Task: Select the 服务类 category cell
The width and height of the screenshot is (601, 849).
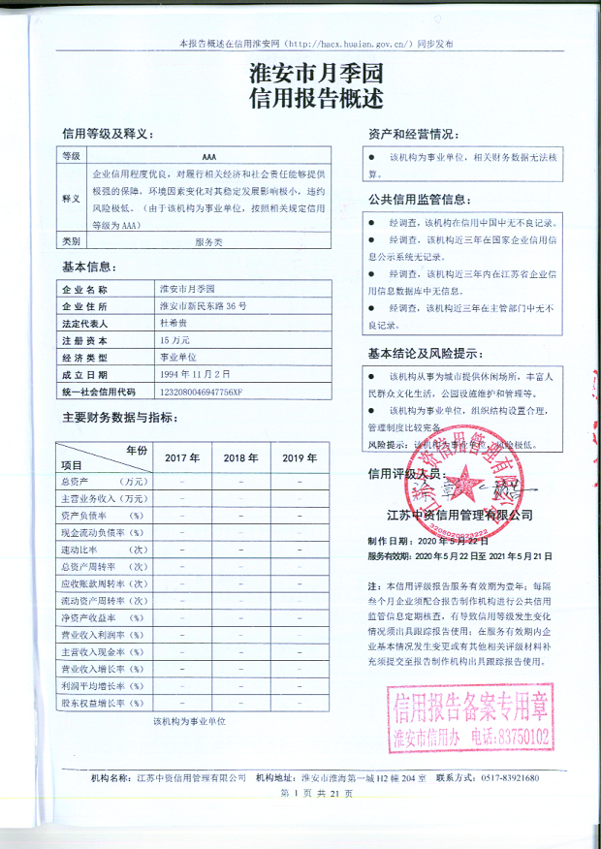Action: pyautogui.click(x=209, y=240)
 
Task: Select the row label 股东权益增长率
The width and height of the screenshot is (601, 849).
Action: pyautogui.click(x=101, y=702)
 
